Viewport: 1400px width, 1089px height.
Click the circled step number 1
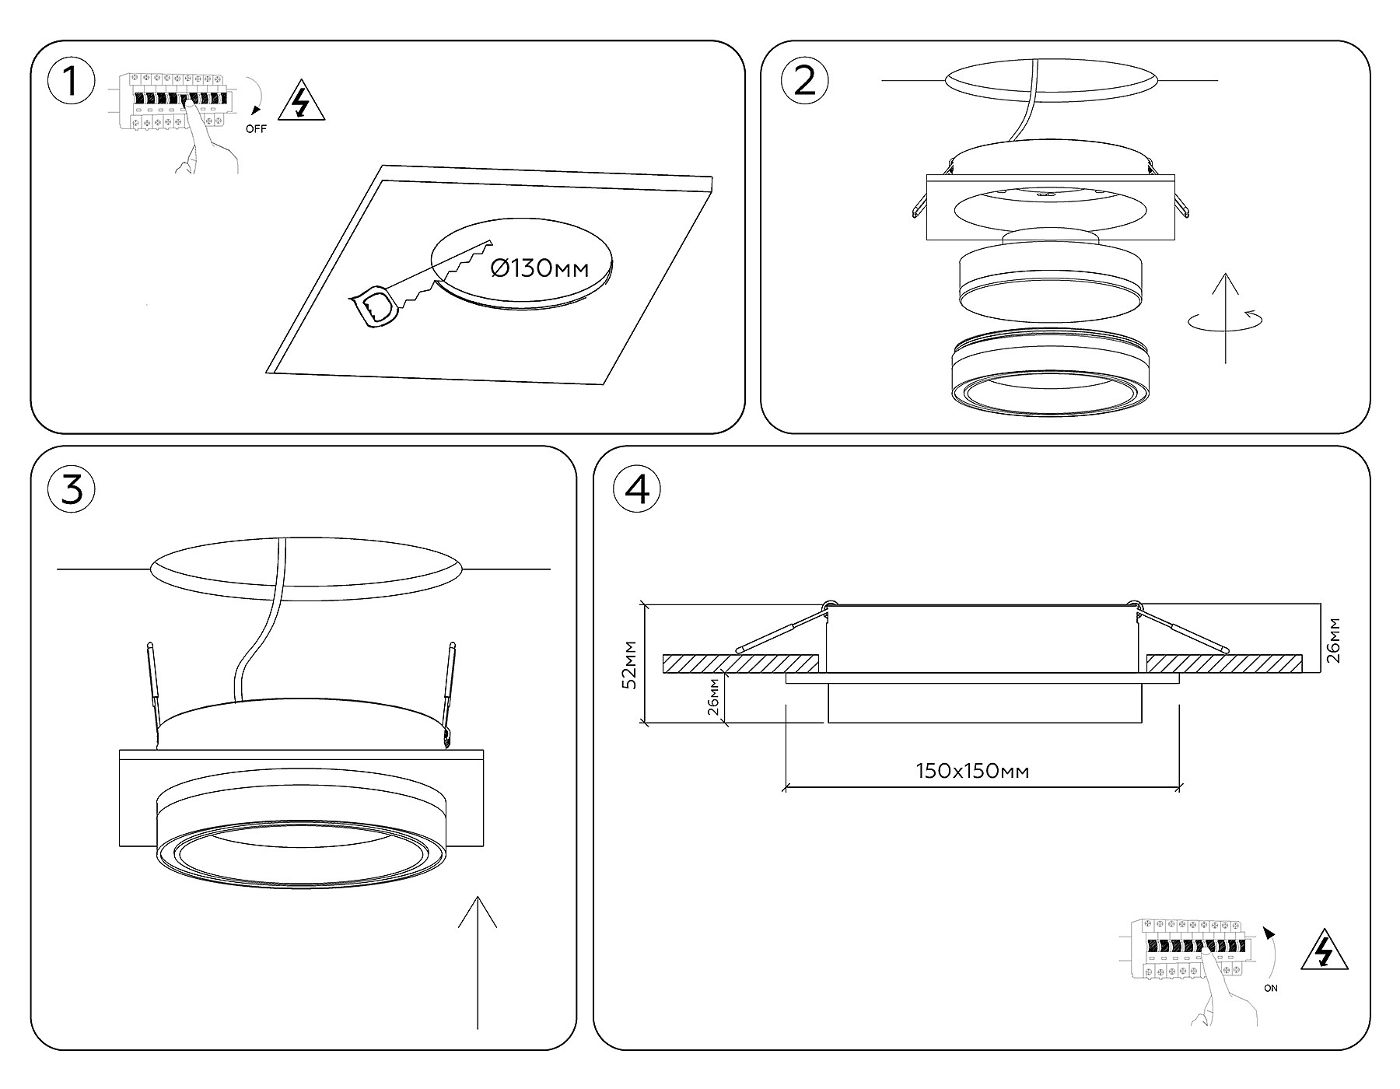point(72,81)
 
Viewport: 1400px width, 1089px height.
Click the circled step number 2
point(805,81)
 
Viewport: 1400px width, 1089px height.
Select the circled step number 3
point(72,489)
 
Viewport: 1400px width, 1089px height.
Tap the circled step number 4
point(637,489)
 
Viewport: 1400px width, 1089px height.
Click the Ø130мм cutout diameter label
point(540,269)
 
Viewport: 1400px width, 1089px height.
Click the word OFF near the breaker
point(256,129)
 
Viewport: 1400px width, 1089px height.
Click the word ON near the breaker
point(1271,989)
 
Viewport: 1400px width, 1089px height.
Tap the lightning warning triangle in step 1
point(299,102)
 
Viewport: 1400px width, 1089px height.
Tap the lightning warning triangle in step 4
point(1325,950)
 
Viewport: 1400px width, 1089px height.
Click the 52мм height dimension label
point(631,664)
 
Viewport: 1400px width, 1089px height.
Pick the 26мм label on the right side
point(1333,639)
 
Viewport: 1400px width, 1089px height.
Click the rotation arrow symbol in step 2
point(1226,320)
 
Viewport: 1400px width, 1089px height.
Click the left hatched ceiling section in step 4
point(740,664)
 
